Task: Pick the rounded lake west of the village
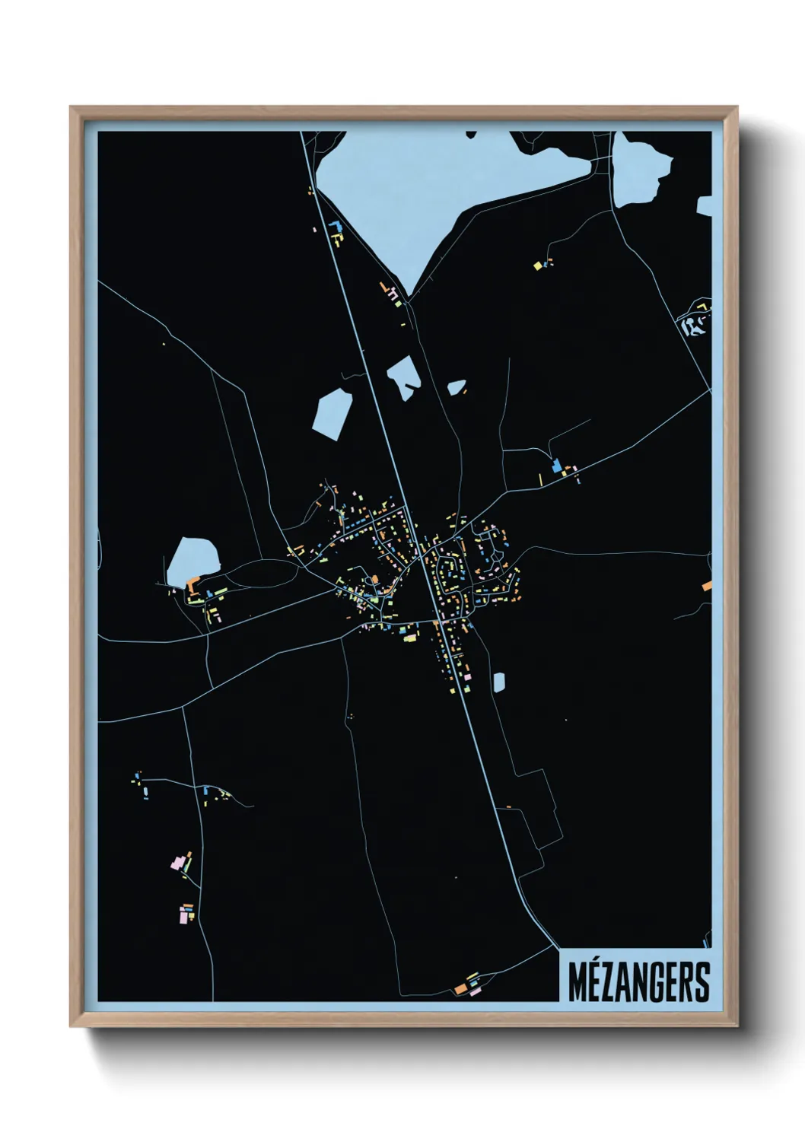[192, 561]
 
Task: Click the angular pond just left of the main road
[332, 413]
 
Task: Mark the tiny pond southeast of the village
[498, 682]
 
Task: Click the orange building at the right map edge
[707, 586]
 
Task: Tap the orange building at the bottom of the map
[460, 988]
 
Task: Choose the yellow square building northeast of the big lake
[537, 266]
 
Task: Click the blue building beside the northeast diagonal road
[556, 464]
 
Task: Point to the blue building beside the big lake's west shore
[332, 225]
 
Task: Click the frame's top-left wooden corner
[75, 112]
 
